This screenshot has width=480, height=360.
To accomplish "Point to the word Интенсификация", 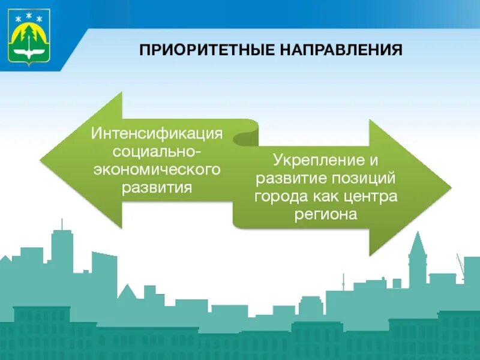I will click(x=157, y=132).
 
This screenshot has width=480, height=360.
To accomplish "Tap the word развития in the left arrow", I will click(x=157, y=188).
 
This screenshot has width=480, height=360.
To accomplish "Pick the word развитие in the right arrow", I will click(x=287, y=178).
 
